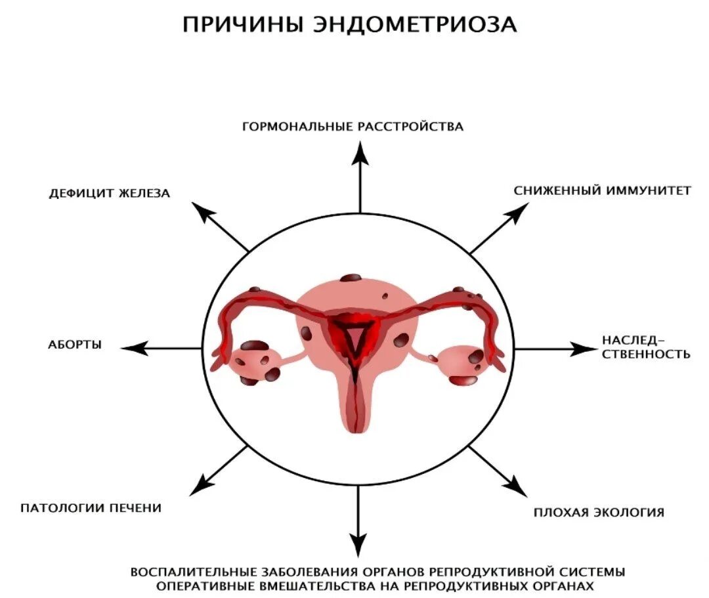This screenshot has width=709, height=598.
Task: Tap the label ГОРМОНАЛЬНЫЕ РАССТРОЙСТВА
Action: [x=353, y=127]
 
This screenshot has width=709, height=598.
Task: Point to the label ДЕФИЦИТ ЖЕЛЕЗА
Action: [x=110, y=194]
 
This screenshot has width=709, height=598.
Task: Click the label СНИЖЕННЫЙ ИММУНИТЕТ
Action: [x=602, y=191]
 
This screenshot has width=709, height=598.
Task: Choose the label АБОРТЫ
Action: [x=75, y=345]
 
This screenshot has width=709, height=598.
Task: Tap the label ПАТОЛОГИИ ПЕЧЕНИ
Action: [x=91, y=508]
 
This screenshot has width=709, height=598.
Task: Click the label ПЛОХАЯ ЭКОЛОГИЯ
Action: [x=599, y=512]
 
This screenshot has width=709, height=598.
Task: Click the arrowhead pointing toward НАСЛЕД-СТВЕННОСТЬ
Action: [x=584, y=349]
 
